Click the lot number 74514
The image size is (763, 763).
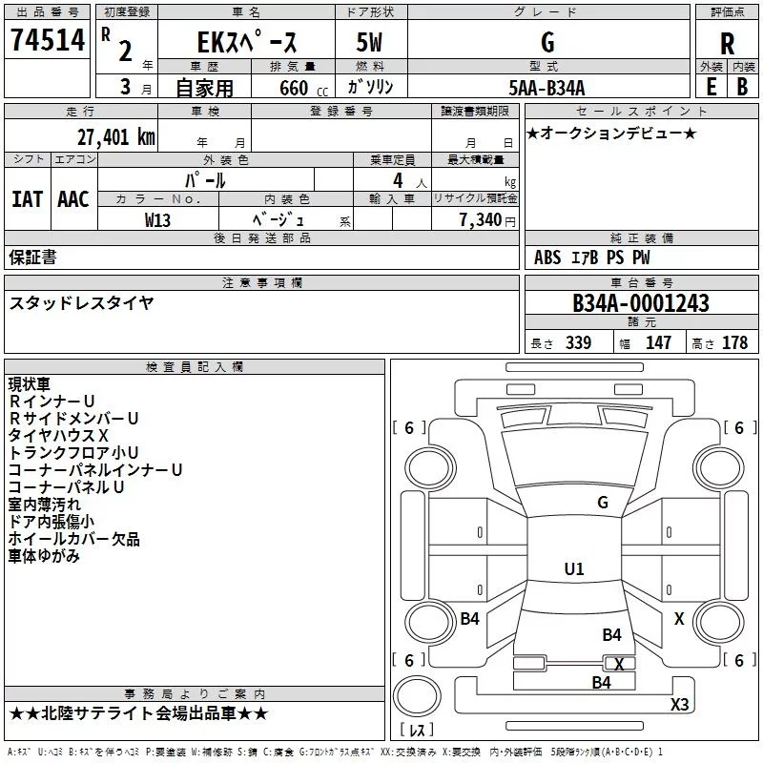pyautogui.click(x=48, y=40)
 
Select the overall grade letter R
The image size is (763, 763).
pyautogui.click(x=727, y=44)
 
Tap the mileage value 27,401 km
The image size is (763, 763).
pyautogui.click(x=116, y=136)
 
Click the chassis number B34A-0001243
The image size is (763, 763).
pyautogui.click(x=641, y=303)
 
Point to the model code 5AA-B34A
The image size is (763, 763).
pyautogui.click(x=546, y=88)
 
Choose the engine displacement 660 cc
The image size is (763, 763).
pyautogui.click(x=303, y=89)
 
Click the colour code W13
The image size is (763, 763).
pyautogui.click(x=157, y=220)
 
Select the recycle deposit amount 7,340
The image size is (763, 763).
pyautogui.click(x=481, y=220)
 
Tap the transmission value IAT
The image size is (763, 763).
pyautogui.click(x=28, y=199)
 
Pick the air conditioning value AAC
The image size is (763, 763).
pyautogui.click(x=73, y=199)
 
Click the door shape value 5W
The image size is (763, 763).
pyautogui.click(x=369, y=42)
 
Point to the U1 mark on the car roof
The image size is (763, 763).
pyautogui.click(x=574, y=568)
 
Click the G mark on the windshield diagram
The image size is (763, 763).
pyautogui.click(x=603, y=503)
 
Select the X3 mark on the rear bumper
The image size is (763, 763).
pyautogui.click(x=679, y=704)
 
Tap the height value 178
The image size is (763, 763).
pyautogui.click(x=734, y=342)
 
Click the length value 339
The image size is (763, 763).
pyautogui.click(x=579, y=342)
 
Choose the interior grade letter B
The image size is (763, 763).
pyautogui.click(x=742, y=87)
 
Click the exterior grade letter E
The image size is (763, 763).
pyautogui.click(x=711, y=87)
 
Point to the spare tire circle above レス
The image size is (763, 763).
pyautogui.click(x=417, y=696)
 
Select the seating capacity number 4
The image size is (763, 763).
pyautogui.click(x=398, y=180)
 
